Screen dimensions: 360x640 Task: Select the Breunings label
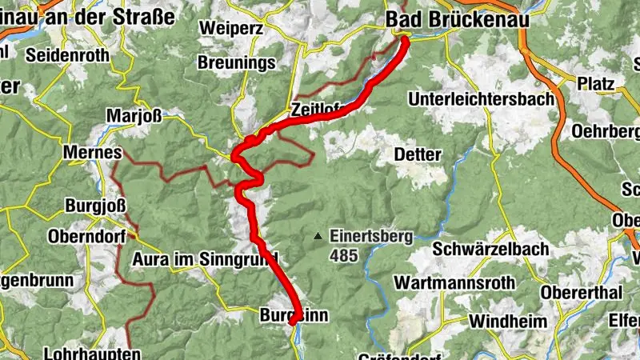pyautogui.click(x=236, y=62)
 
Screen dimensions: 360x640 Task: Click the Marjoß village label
pyautogui.click(x=135, y=114)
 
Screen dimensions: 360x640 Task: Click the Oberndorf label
pyautogui.click(x=88, y=237)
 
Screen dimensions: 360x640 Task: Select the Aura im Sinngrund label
pyautogui.click(x=205, y=258)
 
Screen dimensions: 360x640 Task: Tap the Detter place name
pyautogui.click(x=418, y=153)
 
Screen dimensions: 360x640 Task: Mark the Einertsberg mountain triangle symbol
pyautogui.click(x=318, y=236)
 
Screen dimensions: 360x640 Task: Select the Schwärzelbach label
pyautogui.click(x=490, y=248)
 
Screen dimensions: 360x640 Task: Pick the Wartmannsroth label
pyautogui.click(x=450, y=283)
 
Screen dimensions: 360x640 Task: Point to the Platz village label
pyautogui.click(x=595, y=83)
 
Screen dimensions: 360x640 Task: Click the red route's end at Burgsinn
pyautogui.click(x=294, y=322)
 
